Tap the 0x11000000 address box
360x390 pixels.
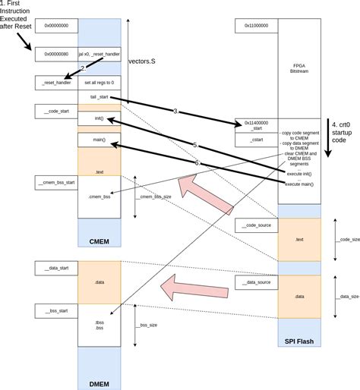click(x=257, y=25)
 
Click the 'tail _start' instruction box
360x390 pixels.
click(x=99, y=97)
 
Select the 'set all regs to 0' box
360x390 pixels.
click(x=99, y=83)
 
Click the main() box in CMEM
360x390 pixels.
click(x=99, y=140)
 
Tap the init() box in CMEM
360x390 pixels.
click(x=99, y=119)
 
